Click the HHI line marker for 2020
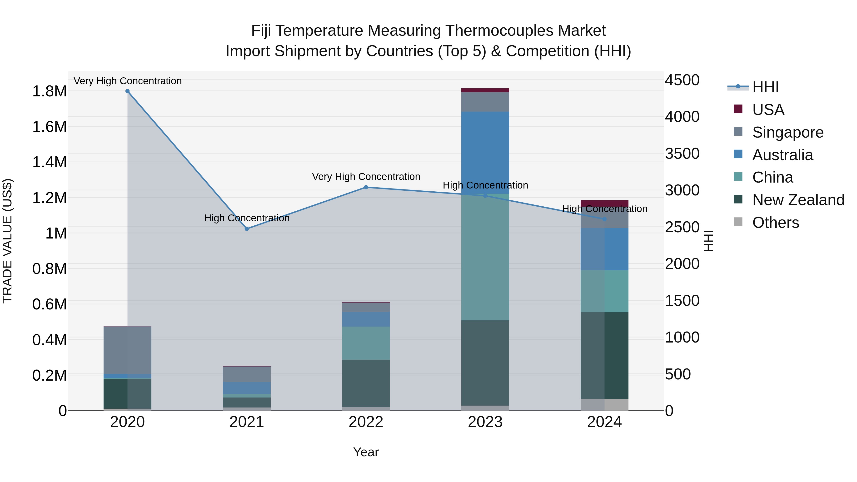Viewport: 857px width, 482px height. click(x=127, y=91)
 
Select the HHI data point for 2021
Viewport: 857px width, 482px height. click(x=247, y=229)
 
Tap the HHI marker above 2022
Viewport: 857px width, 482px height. click(x=366, y=187)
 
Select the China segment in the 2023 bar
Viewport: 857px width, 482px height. click(x=485, y=257)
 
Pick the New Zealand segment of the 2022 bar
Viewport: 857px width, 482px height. click(x=366, y=383)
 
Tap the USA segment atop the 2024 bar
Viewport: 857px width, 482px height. click(x=604, y=203)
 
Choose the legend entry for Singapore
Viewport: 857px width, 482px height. click(x=787, y=132)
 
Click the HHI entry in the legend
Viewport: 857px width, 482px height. click(x=765, y=87)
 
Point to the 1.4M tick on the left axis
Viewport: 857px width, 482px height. click(x=49, y=162)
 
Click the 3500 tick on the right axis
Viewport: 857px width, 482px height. click(x=682, y=154)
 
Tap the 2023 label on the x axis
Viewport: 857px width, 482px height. click(x=485, y=422)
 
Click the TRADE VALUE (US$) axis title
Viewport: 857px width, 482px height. click(x=7, y=241)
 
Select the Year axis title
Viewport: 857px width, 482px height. click(x=366, y=452)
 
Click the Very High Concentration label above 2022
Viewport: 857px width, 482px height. click(x=366, y=177)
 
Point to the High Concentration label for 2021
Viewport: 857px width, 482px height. click(x=247, y=218)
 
